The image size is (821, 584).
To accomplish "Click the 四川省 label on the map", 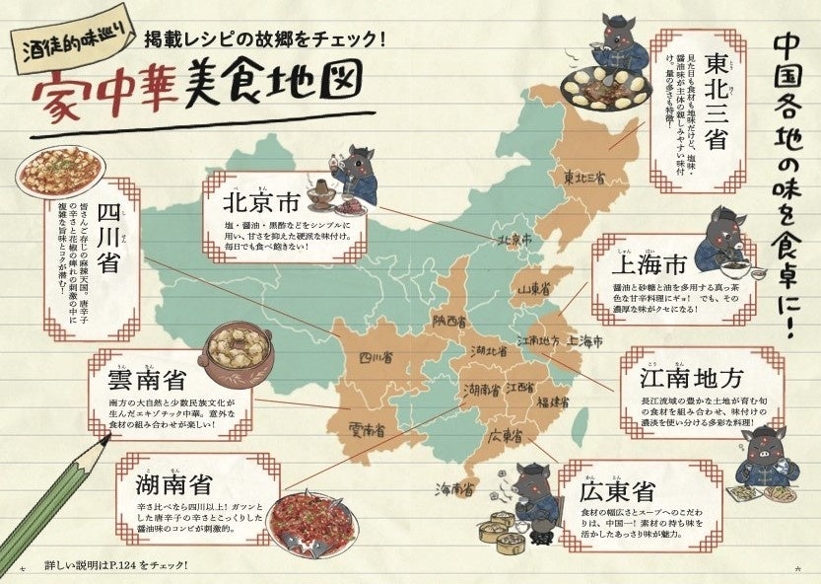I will click(x=376, y=359).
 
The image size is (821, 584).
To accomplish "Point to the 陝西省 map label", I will click(x=445, y=322).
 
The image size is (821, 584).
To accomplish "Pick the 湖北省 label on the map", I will click(x=488, y=351).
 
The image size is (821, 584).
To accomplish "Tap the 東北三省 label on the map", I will click(x=584, y=179).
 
